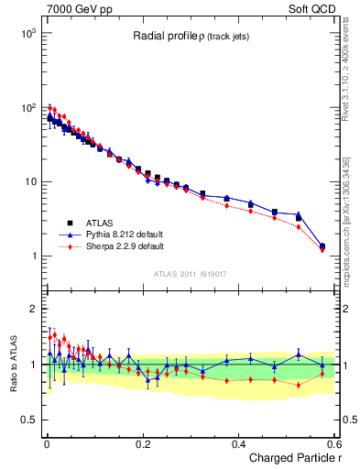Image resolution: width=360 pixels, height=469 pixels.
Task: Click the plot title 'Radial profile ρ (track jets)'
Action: [x=188, y=36]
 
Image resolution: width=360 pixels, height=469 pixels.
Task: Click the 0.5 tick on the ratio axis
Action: [x=27, y=420]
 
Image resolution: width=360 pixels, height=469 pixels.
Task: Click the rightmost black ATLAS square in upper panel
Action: [x=322, y=245]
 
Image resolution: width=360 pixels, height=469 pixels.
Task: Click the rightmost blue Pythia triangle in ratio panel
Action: [x=322, y=365]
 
